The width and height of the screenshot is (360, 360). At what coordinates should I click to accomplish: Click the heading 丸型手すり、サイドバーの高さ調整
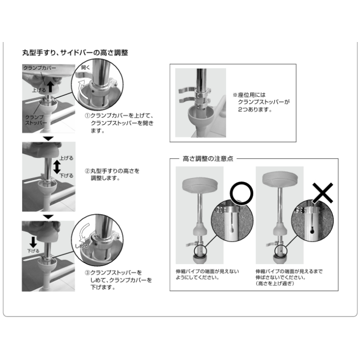pos(75,52)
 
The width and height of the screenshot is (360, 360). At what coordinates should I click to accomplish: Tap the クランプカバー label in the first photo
pos(40,68)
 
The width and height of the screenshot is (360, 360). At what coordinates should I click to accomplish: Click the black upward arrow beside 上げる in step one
pos(50,87)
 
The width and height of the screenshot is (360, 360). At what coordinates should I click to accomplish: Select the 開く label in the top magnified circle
pos(86,67)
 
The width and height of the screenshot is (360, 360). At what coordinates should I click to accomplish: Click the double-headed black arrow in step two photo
pos(57,167)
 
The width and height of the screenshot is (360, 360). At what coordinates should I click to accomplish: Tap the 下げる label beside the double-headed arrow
pos(67,176)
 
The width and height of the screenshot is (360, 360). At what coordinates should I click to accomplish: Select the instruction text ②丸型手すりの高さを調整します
pos(112,174)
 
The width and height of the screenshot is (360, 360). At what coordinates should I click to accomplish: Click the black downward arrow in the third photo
pos(33,242)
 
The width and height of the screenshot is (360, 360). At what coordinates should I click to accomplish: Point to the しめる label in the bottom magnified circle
pos(82,246)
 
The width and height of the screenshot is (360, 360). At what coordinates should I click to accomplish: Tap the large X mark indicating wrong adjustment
pos(322,193)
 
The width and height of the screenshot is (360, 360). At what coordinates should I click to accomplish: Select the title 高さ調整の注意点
pos(208,159)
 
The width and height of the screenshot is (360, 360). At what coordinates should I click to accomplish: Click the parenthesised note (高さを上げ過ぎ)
pos(275,283)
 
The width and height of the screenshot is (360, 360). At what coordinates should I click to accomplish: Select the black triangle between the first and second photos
pos(48,138)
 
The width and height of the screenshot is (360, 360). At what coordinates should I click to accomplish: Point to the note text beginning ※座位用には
pos(261,102)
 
